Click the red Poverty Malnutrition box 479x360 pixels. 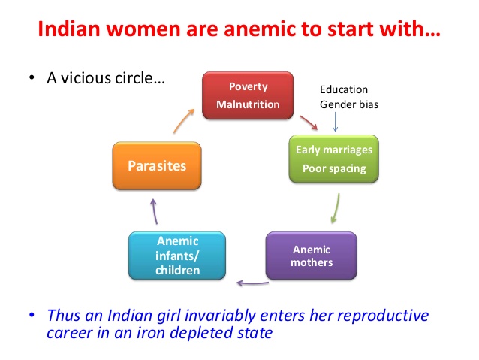coord(248,95)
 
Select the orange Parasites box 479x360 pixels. coord(157,166)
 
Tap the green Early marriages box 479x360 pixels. coord(334,159)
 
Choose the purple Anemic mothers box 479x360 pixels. coord(312,256)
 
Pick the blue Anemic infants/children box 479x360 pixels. coord(177,256)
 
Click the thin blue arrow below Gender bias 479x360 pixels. coord(335,122)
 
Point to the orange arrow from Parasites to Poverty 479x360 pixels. coord(183,121)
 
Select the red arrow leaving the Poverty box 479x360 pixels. coord(309,123)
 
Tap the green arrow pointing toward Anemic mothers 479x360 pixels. coord(336,208)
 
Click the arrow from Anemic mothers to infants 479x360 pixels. coord(252,283)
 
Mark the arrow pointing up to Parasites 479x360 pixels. coord(155,211)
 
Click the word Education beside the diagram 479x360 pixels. coord(344,89)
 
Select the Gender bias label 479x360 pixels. coord(349,104)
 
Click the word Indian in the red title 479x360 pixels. coord(69,29)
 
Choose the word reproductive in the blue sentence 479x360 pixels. coord(383,316)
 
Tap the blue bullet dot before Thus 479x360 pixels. coord(32,315)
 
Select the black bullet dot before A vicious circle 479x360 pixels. coord(32,78)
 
